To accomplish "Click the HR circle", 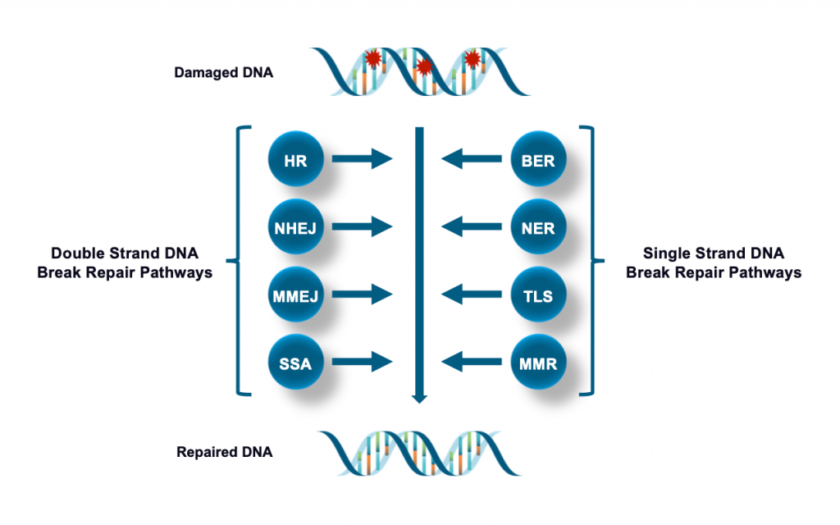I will [295, 160].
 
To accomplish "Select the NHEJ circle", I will [295, 227].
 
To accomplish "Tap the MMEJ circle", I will [295, 294].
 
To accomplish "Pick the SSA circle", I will [295, 361].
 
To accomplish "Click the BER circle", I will [538, 160].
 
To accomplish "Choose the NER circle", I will [538, 227].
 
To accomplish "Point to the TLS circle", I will [538, 294].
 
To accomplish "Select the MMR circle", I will [538, 361].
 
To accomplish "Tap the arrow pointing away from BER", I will [471, 160].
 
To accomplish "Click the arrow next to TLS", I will [471, 294].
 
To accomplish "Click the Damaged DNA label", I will [223, 73].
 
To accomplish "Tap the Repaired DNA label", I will [224, 452].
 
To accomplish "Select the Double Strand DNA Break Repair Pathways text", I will [125, 262].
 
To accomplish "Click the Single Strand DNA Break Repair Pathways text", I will [713, 262].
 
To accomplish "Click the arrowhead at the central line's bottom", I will [419, 398].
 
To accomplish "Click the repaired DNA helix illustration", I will [421, 452].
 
